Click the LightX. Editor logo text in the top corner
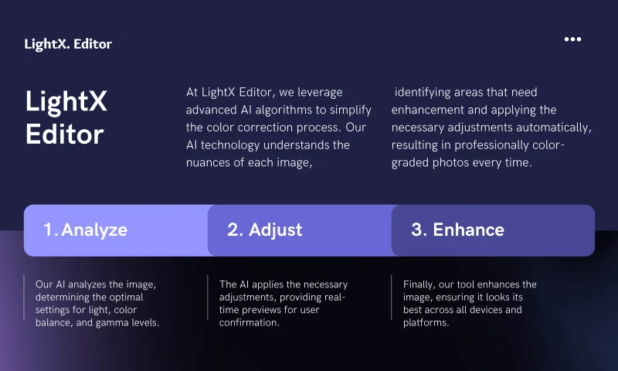pos(68,44)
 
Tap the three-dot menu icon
pos(572,39)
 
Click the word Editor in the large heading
pos(64,134)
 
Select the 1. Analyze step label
pos(85,230)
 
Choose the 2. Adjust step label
pos(264,230)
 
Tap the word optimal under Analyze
pos(134,297)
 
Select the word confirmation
pos(249,322)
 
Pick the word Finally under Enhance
pos(419,284)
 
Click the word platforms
pos(426,322)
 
